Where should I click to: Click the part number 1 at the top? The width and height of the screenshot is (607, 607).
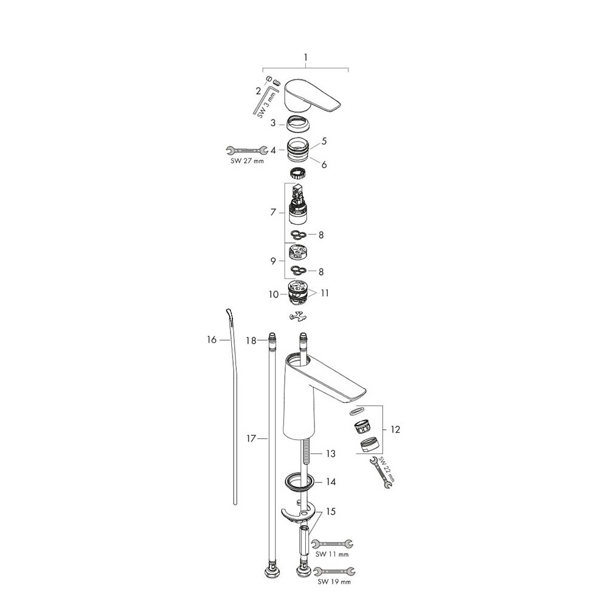pos(305,58)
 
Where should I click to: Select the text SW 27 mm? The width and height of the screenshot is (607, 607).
pos(247,161)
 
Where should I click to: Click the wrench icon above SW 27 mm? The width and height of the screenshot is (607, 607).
pos(247,150)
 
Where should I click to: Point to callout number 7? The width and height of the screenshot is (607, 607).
pos(273,212)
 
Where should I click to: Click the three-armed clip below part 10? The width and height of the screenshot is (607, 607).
pos(298,317)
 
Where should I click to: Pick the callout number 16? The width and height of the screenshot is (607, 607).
pos(212,339)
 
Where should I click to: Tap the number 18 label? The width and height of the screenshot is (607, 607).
pos(251,341)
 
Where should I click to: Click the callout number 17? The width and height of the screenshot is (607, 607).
pos(251,438)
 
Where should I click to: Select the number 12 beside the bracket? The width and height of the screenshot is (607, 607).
pos(395,429)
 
